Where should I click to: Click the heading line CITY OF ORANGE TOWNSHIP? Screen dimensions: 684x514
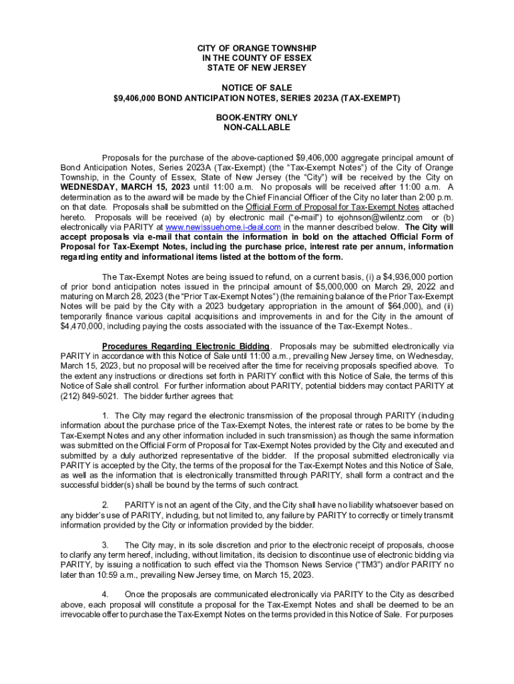click(x=257, y=49)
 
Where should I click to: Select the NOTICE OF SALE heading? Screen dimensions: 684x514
click(x=257, y=88)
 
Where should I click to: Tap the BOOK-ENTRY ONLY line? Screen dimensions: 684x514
click(x=257, y=117)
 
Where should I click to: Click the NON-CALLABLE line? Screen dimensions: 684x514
click(x=257, y=127)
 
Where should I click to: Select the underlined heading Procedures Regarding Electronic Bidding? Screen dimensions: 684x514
click(x=186, y=346)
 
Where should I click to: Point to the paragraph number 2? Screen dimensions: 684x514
click(x=105, y=504)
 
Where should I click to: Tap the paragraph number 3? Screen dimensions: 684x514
click(x=105, y=544)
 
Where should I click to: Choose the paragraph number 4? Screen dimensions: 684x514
click(x=105, y=594)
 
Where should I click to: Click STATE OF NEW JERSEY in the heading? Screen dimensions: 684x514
click(x=257, y=68)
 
